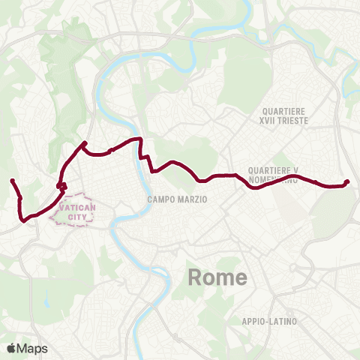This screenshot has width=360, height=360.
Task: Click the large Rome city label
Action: pyautogui.click(x=217, y=277)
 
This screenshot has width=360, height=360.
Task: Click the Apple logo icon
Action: pyautogui.click(x=11, y=348)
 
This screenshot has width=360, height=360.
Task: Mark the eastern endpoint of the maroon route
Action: pyautogui.click(x=346, y=182)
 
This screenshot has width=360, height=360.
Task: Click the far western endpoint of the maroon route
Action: pyautogui.click(x=12, y=181)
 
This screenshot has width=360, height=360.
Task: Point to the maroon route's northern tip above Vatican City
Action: pyautogui.click(x=85, y=143)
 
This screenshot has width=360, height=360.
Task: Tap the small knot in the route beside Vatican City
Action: pyautogui.click(x=61, y=185)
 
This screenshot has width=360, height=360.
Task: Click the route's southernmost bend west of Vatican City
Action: pyautogui.click(x=24, y=220)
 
